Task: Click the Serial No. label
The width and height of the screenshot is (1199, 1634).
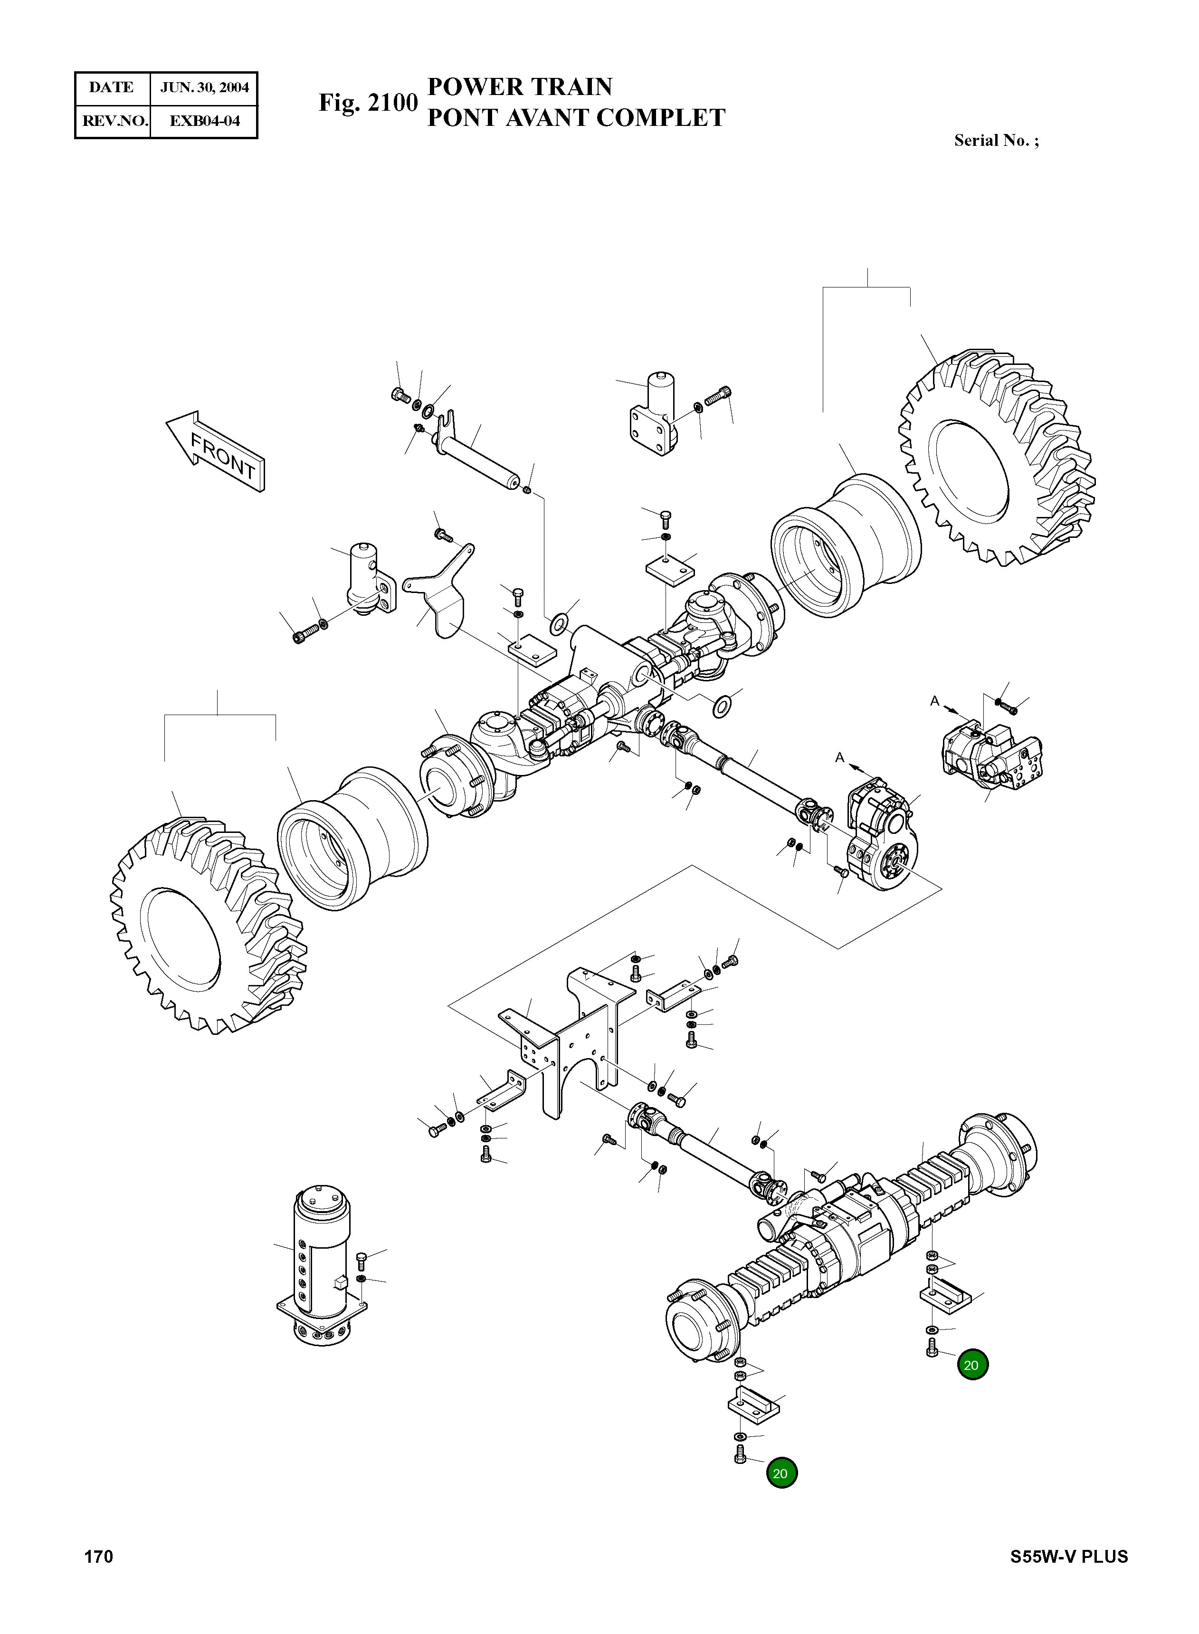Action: [x=996, y=141]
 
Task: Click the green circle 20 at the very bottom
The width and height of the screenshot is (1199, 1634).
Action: [x=780, y=1473]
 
